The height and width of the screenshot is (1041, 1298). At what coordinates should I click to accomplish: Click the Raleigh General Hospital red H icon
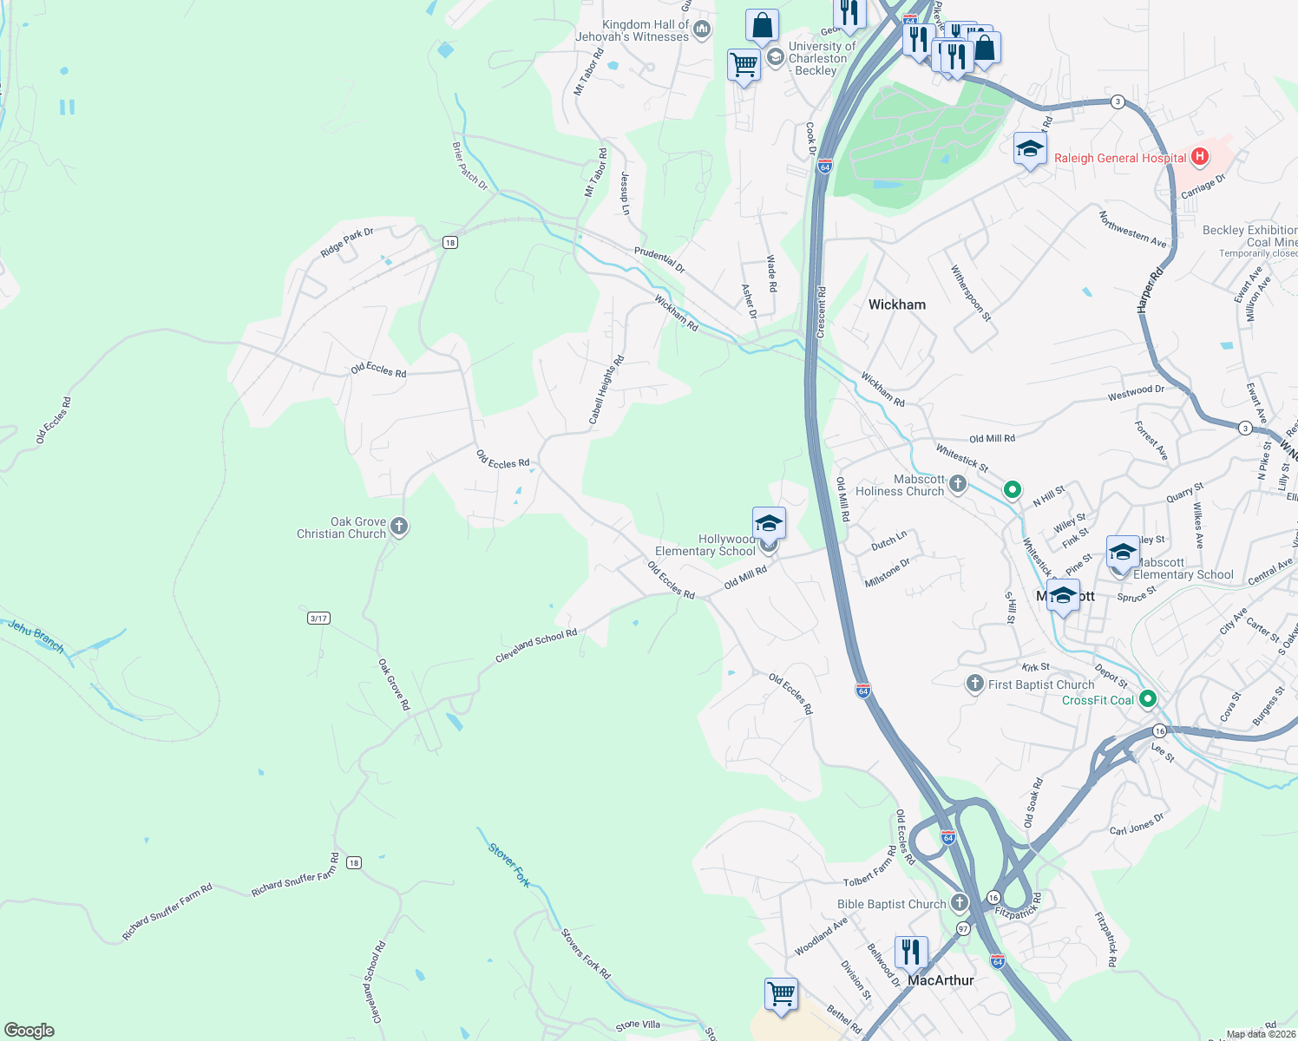(1200, 157)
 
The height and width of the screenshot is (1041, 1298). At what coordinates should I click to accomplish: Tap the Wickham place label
(896, 304)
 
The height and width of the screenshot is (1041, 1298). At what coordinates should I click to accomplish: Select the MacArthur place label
(941, 980)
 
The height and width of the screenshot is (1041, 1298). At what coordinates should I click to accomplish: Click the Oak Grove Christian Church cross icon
(399, 527)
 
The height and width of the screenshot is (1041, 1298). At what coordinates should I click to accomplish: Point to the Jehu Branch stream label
(36, 636)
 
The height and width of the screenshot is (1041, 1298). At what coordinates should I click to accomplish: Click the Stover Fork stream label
(509, 865)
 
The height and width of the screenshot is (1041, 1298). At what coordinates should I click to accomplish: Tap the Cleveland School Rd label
(536, 646)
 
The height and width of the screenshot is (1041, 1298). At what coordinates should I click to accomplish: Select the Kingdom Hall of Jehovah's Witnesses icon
(702, 30)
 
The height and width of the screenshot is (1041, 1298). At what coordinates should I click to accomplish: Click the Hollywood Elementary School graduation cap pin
(769, 524)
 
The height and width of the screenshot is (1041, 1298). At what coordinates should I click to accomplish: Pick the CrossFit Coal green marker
(1148, 698)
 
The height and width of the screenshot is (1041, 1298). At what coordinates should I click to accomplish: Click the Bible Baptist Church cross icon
(959, 903)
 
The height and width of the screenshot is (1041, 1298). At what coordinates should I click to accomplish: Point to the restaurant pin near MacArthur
(910, 953)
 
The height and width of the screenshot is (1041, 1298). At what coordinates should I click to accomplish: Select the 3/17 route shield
(318, 619)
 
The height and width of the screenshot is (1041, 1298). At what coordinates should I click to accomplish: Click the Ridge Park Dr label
(346, 243)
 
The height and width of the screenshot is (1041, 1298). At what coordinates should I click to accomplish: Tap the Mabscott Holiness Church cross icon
(957, 484)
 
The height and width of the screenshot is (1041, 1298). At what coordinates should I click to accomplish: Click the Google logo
(29, 1031)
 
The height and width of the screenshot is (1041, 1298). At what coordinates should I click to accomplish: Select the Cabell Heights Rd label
(606, 390)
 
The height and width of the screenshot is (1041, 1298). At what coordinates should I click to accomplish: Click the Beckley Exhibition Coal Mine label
(1249, 236)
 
